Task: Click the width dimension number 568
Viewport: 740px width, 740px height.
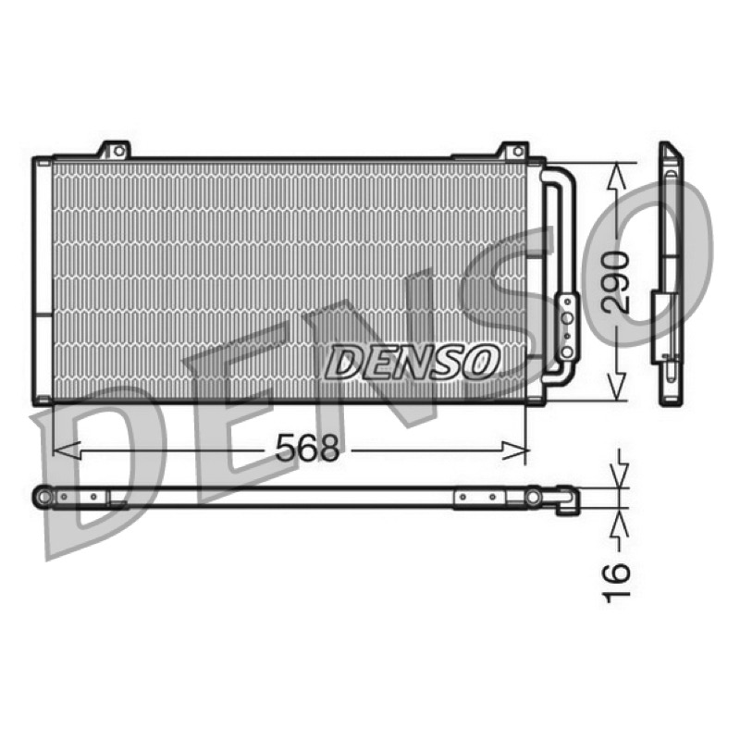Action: (307, 448)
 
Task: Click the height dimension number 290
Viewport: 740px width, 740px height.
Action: (615, 282)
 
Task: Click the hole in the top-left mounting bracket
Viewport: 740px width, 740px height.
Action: (119, 151)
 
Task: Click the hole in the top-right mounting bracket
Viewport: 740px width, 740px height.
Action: (518, 151)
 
